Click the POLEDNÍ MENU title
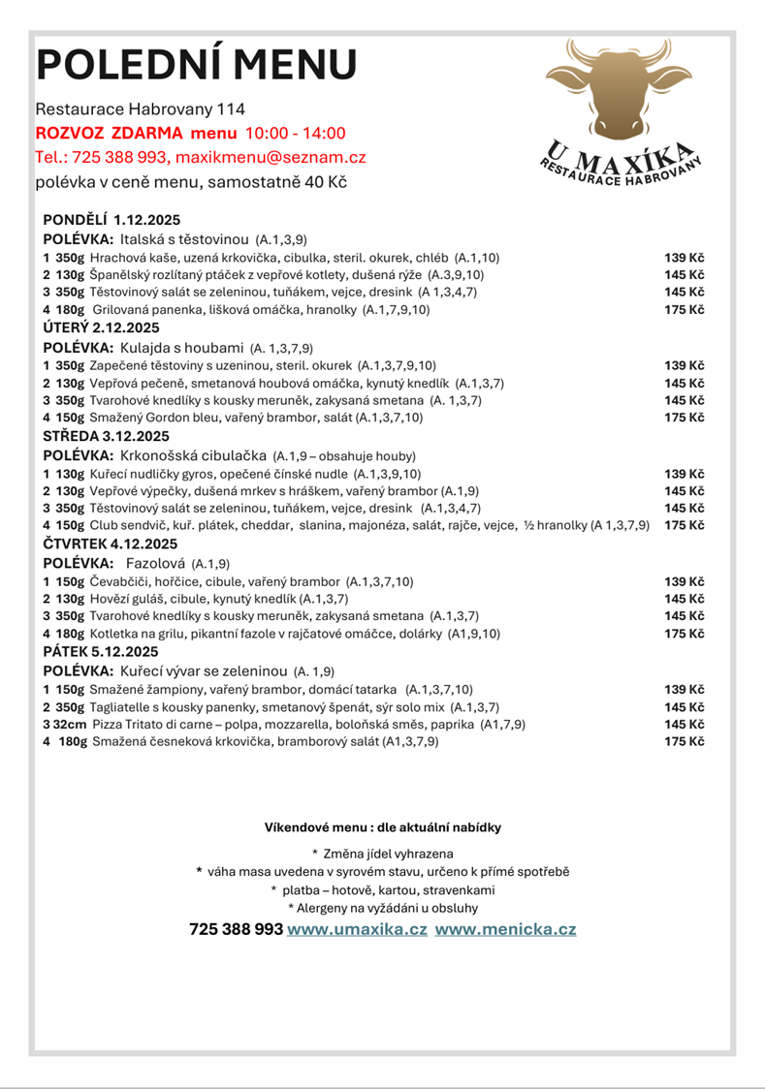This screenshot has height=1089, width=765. tap(197, 65)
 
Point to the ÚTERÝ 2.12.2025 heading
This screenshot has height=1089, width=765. tap(102, 327)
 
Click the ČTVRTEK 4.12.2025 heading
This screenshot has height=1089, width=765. tap(112, 543)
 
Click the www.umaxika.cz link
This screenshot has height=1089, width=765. tap(357, 929)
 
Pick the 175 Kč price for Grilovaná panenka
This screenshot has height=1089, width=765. tap(684, 310)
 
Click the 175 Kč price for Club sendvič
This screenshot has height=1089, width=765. tap(684, 524)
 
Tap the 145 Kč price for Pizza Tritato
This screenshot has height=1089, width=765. tap(684, 724)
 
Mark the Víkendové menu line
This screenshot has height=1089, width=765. tap(382, 827)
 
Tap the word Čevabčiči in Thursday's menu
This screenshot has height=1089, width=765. tap(119, 580)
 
